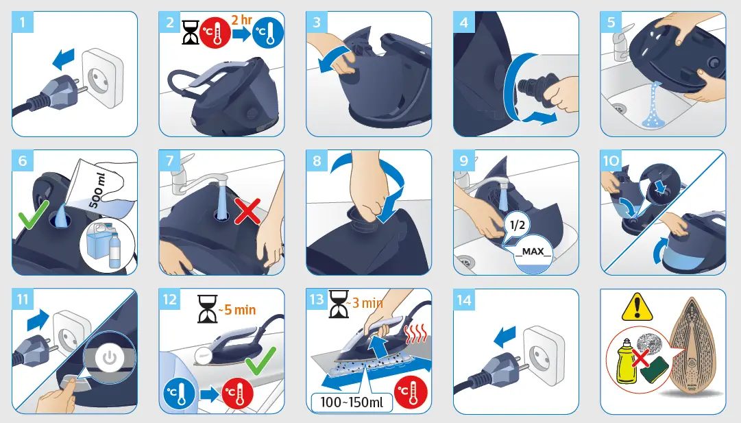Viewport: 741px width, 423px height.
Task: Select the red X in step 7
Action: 247,212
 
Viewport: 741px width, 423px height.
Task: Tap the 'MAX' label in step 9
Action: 533,252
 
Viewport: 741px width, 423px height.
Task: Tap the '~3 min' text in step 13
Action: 363,303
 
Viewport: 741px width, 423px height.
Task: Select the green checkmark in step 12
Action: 260,360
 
